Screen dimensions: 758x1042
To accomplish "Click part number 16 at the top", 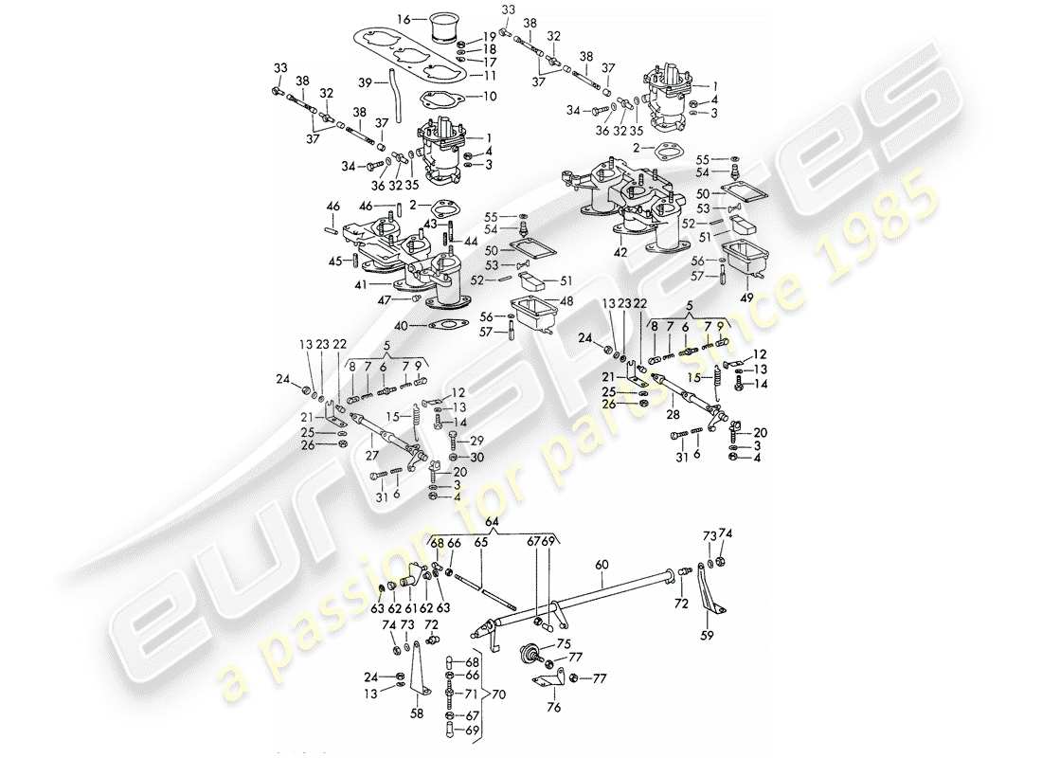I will point(403,18).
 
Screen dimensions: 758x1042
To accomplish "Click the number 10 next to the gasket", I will point(490,96).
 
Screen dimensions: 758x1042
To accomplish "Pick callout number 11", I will point(490,75).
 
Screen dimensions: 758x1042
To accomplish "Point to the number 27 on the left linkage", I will point(372,453).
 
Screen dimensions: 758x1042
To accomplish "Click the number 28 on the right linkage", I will point(673,415).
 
